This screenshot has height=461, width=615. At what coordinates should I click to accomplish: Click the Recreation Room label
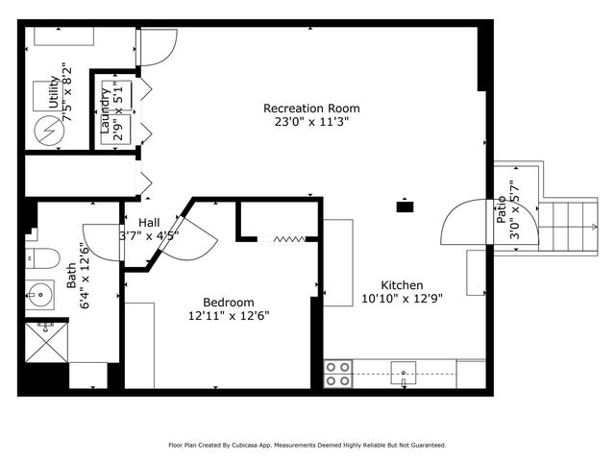310,109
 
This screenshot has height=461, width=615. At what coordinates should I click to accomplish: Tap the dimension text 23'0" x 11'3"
310,122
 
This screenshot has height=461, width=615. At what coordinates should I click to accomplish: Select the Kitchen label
402,285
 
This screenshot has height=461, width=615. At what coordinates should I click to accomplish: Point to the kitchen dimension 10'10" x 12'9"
402,299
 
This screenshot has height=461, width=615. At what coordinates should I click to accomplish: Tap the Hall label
149,222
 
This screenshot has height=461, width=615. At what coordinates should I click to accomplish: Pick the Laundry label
105,109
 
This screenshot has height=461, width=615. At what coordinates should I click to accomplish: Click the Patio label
502,211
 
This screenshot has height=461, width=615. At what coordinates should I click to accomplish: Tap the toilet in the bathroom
42,257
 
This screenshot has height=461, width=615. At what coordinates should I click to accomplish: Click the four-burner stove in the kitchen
337,374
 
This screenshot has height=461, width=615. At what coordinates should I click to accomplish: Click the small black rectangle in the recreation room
406,205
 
